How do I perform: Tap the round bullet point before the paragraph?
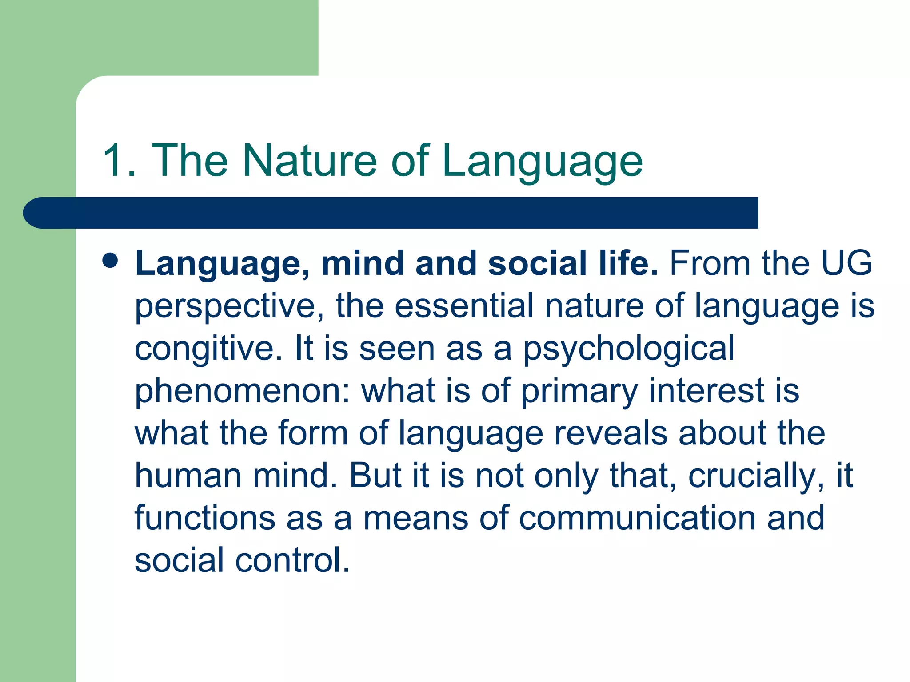(110, 261)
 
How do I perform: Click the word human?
(188, 476)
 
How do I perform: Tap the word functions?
(205, 518)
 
